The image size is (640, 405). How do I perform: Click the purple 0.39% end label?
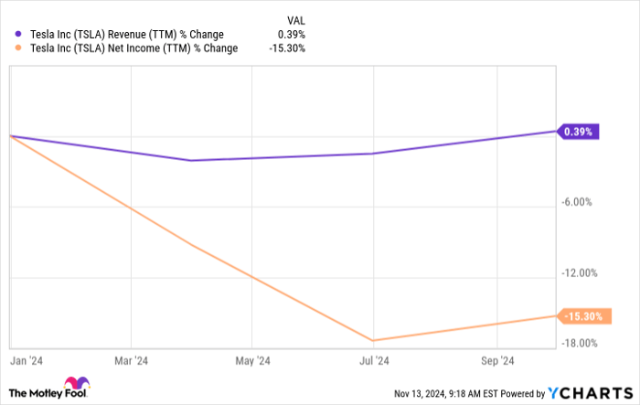pyautogui.click(x=578, y=132)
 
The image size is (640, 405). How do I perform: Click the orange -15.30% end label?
pyautogui.click(x=581, y=316)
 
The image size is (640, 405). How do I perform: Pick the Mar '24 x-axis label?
pyautogui.click(x=133, y=360)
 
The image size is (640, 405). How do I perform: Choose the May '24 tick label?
pyautogui.click(x=252, y=360)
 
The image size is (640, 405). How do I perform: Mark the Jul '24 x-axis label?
pyautogui.click(x=374, y=360)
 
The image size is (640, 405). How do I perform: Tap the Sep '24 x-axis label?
pyautogui.click(x=496, y=360)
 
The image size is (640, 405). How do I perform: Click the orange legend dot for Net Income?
pyautogui.click(x=18, y=48)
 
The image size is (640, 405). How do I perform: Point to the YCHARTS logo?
pyautogui.click(x=589, y=392)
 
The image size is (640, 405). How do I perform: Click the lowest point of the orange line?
pyautogui.click(x=373, y=340)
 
